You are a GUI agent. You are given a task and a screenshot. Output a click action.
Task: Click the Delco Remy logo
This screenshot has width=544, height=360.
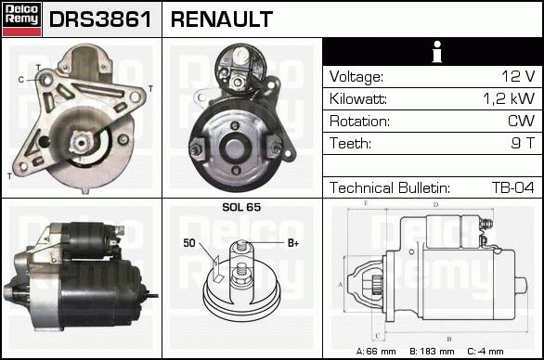pyautogui.click(x=22, y=19)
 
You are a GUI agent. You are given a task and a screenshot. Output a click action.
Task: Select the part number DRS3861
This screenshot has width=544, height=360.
pyautogui.click(x=100, y=19)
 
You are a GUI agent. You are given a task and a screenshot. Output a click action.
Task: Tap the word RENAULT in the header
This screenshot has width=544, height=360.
pyautogui.click(x=222, y=19)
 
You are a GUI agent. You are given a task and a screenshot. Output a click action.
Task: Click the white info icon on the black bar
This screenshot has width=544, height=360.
pyautogui.click(x=437, y=52)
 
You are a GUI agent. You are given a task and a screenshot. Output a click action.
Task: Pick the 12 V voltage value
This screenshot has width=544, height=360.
pyautogui.click(x=518, y=76)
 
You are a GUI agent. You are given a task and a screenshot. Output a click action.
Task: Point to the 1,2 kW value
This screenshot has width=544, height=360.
pyautogui.click(x=509, y=99)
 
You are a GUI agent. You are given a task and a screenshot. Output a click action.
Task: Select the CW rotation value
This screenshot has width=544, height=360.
pyautogui.click(x=521, y=121)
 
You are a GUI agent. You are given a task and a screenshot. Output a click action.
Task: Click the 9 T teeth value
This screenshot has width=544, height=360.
pyautogui.click(x=523, y=143)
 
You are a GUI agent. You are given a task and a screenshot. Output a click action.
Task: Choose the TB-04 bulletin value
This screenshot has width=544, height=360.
pyautogui.click(x=512, y=187)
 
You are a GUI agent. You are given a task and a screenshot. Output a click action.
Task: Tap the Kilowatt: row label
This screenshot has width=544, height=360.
pyautogui.click(x=358, y=99)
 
